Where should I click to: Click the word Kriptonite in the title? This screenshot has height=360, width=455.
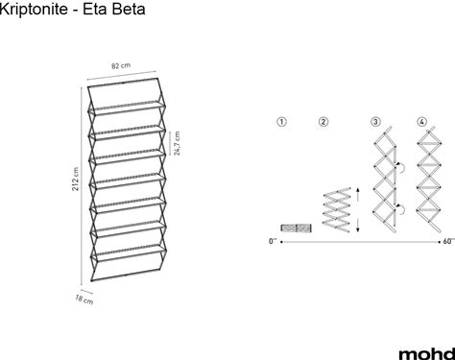point(33,9)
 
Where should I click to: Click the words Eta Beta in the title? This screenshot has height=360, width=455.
point(114,9)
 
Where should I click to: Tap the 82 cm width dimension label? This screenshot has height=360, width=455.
point(121,65)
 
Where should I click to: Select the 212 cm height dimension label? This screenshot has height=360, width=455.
point(75,179)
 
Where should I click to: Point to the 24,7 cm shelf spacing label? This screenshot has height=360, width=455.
point(177,143)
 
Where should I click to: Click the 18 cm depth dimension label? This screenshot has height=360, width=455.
point(84,300)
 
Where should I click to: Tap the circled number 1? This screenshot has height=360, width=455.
point(281,122)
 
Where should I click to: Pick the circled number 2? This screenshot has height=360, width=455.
point(323,122)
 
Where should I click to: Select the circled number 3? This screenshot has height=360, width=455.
point(375,122)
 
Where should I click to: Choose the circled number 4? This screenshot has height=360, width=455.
point(422,122)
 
